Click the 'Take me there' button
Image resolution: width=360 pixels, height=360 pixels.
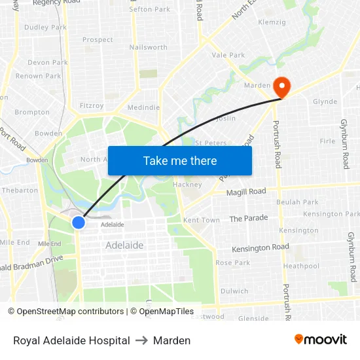180,160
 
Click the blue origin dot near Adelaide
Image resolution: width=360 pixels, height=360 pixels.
79,223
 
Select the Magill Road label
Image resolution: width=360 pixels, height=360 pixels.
246,192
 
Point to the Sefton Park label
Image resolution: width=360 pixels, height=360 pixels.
150,9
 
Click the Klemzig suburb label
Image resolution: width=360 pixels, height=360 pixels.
272,22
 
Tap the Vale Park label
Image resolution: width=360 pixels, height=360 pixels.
228,56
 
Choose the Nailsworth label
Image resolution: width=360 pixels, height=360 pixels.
149,47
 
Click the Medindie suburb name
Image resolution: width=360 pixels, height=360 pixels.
143,107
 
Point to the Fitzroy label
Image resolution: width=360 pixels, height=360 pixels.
91,105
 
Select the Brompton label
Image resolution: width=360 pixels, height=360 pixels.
31,112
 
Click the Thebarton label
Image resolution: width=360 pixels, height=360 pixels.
20,190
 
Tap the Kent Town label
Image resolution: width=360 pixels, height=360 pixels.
202,220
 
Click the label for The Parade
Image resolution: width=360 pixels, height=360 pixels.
249,218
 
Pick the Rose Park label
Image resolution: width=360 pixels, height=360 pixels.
232,262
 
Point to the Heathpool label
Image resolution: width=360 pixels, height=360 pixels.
301,266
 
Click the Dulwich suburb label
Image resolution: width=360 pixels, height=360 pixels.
234,291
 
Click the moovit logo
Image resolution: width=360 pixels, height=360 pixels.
321,340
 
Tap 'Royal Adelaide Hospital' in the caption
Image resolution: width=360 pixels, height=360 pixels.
71,340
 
